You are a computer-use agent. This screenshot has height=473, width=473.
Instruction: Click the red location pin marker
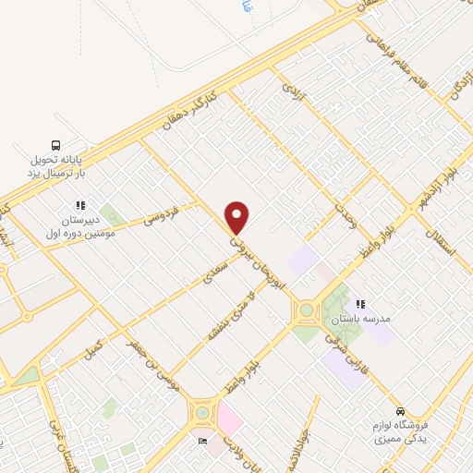pos(237,217)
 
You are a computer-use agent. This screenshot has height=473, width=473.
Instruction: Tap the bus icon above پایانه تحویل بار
pos(55,145)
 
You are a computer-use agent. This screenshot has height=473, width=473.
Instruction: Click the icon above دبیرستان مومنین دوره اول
pos(80,205)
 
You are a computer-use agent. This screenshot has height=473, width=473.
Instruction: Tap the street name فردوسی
pos(162,218)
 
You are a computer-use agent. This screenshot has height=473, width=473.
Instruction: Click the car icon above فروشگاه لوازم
pos(399,411)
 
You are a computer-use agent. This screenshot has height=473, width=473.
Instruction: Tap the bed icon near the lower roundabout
pos(203,441)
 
